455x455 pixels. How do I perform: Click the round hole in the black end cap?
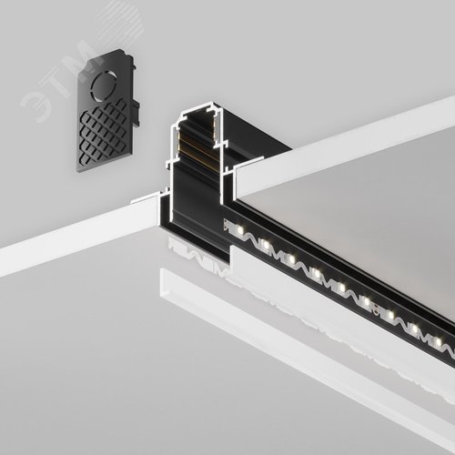pyautogui.click(x=104, y=86)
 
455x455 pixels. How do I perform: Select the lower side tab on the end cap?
pyautogui.click(x=136, y=114)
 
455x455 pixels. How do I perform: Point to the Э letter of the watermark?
pyautogui.click(x=34, y=104)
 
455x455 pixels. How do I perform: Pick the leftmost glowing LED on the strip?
pyautogui.click(x=240, y=229)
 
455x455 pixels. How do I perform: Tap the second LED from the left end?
pyautogui.click(x=266, y=245)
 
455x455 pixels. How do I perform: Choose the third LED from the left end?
pyautogui.click(x=291, y=259)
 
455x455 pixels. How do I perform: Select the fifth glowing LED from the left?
pyautogui.click(x=341, y=287)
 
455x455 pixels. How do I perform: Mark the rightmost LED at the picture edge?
pyautogui.click(x=438, y=342)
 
